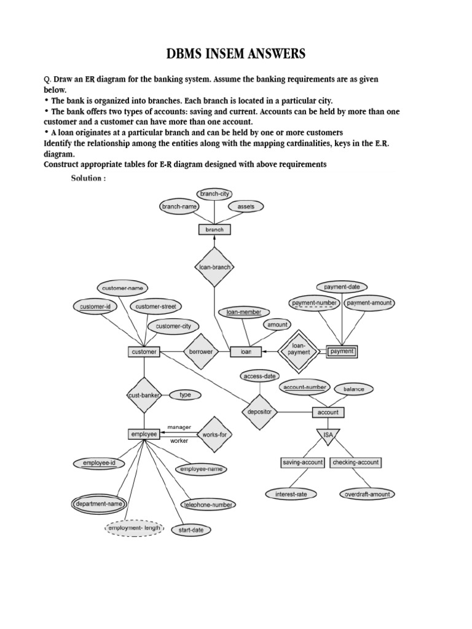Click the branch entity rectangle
[x=214, y=230]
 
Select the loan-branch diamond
[x=215, y=267]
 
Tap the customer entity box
[x=144, y=352]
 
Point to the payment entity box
[x=341, y=352]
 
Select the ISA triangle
[x=328, y=436]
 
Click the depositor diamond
[x=259, y=412]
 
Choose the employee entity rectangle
[x=144, y=434]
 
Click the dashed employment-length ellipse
[x=134, y=528]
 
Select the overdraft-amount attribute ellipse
[x=366, y=494]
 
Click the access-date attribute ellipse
[x=260, y=376]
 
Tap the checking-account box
[x=356, y=462]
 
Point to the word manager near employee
[x=179, y=427]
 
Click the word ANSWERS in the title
[x=272, y=54]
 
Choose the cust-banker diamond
[x=144, y=395]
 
